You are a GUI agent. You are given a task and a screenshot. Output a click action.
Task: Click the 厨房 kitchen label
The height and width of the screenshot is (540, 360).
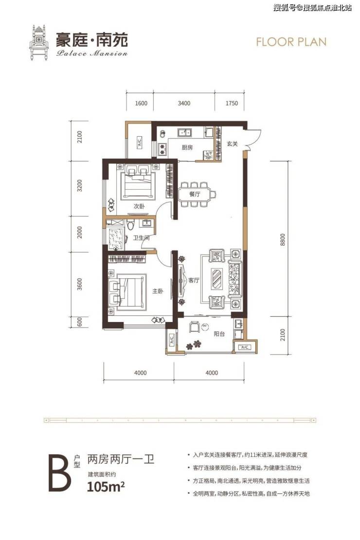(x=187, y=147)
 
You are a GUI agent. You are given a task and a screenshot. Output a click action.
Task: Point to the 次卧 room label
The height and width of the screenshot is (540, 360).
(x=139, y=206)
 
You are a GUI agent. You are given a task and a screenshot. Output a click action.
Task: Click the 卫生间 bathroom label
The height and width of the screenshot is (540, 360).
(x=141, y=237)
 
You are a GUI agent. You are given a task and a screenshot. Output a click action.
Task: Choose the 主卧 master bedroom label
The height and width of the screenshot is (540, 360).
(x=158, y=291)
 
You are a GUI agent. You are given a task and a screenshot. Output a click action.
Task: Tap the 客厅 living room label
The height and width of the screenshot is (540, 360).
(x=194, y=280)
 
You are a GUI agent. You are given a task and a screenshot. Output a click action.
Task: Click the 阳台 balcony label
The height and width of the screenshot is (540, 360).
(x=219, y=333)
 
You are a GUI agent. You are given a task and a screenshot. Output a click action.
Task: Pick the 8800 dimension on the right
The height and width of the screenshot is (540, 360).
(x=283, y=240)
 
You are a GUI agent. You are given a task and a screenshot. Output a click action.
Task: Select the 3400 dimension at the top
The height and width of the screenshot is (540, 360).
(x=184, y=103)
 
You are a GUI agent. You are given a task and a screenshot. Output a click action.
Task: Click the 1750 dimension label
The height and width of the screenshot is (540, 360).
(x=232, y=103)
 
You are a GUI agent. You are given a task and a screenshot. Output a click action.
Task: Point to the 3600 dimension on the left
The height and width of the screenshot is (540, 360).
(x=80, y=285)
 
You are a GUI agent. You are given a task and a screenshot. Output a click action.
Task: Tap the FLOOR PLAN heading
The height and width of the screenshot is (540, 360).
(x=291, y=42)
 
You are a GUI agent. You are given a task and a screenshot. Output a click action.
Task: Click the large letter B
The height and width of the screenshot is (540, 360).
(x=60, y=473)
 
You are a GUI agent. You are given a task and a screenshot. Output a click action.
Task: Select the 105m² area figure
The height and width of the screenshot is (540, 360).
(x=106, y=487)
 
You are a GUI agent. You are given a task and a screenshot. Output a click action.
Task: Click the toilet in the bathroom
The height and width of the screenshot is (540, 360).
(x=130, y=224)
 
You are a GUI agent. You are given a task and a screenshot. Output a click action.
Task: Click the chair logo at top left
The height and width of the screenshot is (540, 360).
(x=39, y=42)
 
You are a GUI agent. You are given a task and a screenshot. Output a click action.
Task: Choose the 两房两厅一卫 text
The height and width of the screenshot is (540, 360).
(x=121, y=459)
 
